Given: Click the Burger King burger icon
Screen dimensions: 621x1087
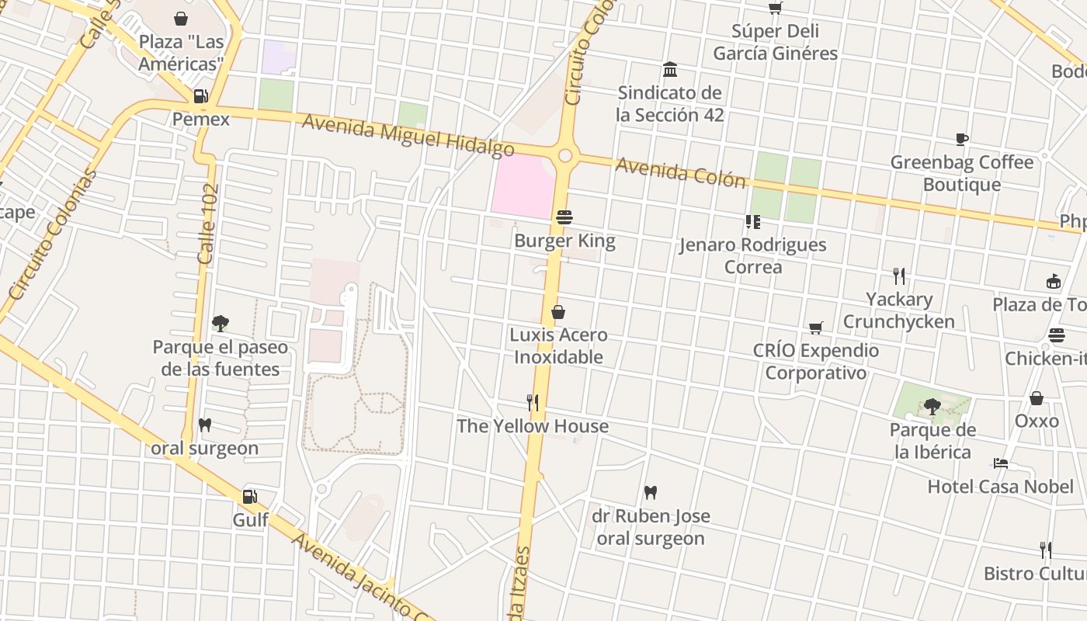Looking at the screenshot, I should click(x=564, y=217).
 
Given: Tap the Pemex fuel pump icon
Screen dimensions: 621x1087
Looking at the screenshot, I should click(x=200, y=96).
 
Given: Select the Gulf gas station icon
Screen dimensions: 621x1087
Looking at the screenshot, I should click(x=249, y=497).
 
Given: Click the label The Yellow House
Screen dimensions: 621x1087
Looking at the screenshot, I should click(x=533, y=426).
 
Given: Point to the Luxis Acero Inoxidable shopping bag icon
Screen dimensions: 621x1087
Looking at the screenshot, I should click(x=557, y=312).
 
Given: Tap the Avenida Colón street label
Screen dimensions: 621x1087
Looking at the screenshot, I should click(x=680, y=172).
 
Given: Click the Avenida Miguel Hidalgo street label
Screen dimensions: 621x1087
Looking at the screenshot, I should click(x=408, y=135).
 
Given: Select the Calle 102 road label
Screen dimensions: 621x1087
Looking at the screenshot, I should click(x=208, y=224).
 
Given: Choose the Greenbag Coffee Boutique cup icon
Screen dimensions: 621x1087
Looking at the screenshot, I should click(x=962, y=140).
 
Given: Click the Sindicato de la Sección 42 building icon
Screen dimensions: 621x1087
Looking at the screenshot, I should click(x=670, y=70).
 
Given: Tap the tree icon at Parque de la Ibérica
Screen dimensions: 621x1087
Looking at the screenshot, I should click(x=932, y=406).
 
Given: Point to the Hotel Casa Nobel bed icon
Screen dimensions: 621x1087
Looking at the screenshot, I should click(x=1001, y=464).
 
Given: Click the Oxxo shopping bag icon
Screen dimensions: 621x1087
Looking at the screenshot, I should click(x=1037, y=398).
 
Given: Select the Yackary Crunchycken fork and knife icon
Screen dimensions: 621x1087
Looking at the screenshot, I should click(x=899, y=276).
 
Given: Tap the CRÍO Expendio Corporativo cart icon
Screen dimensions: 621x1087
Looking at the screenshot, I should click(x=815, y=328).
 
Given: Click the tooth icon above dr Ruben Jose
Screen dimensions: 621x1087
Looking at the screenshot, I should click(x=651, y=492).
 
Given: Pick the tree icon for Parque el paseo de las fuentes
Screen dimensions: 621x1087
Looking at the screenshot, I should click(x=221, y=323).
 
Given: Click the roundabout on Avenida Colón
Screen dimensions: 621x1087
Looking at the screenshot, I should click(x=565, y=156).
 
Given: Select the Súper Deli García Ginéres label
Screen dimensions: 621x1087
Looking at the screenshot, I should click(x=775, y=43).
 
